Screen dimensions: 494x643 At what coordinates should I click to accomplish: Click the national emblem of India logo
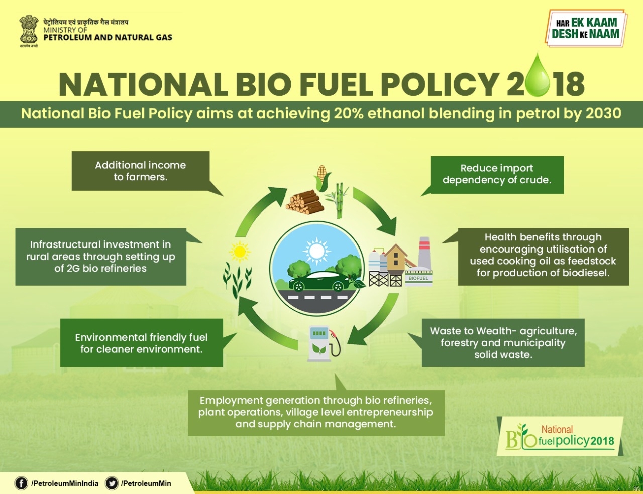(x=29, y=29)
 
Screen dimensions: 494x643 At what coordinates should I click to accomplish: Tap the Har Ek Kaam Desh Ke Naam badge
(x=585, y=28)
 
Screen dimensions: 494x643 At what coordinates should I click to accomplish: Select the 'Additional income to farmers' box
(x=141, y=171)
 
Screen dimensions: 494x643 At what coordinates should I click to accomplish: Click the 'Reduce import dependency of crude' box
(x=497, y=174)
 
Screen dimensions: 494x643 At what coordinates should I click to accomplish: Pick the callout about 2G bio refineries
(x=100, y=257)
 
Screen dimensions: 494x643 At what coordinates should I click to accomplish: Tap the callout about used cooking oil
(x=543, y=256)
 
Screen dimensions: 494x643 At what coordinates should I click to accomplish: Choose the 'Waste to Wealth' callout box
(x=503, y=343)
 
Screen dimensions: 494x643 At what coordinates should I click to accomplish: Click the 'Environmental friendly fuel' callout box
(x=141, y=343)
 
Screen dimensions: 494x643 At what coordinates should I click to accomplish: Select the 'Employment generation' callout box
(x=315, y=412)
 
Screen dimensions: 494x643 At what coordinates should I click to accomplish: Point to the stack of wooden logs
(x=304, y=202)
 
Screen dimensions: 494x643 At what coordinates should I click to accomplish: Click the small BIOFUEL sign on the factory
(x=418, y=278)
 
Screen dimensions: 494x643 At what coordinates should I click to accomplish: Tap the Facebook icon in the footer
(x=21, y=483)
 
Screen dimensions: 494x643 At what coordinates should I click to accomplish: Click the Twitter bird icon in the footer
(x=112, y=483)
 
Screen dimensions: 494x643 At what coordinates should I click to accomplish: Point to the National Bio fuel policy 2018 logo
(x=560, y=436)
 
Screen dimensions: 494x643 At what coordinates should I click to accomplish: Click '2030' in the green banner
(x=603, y=113)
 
